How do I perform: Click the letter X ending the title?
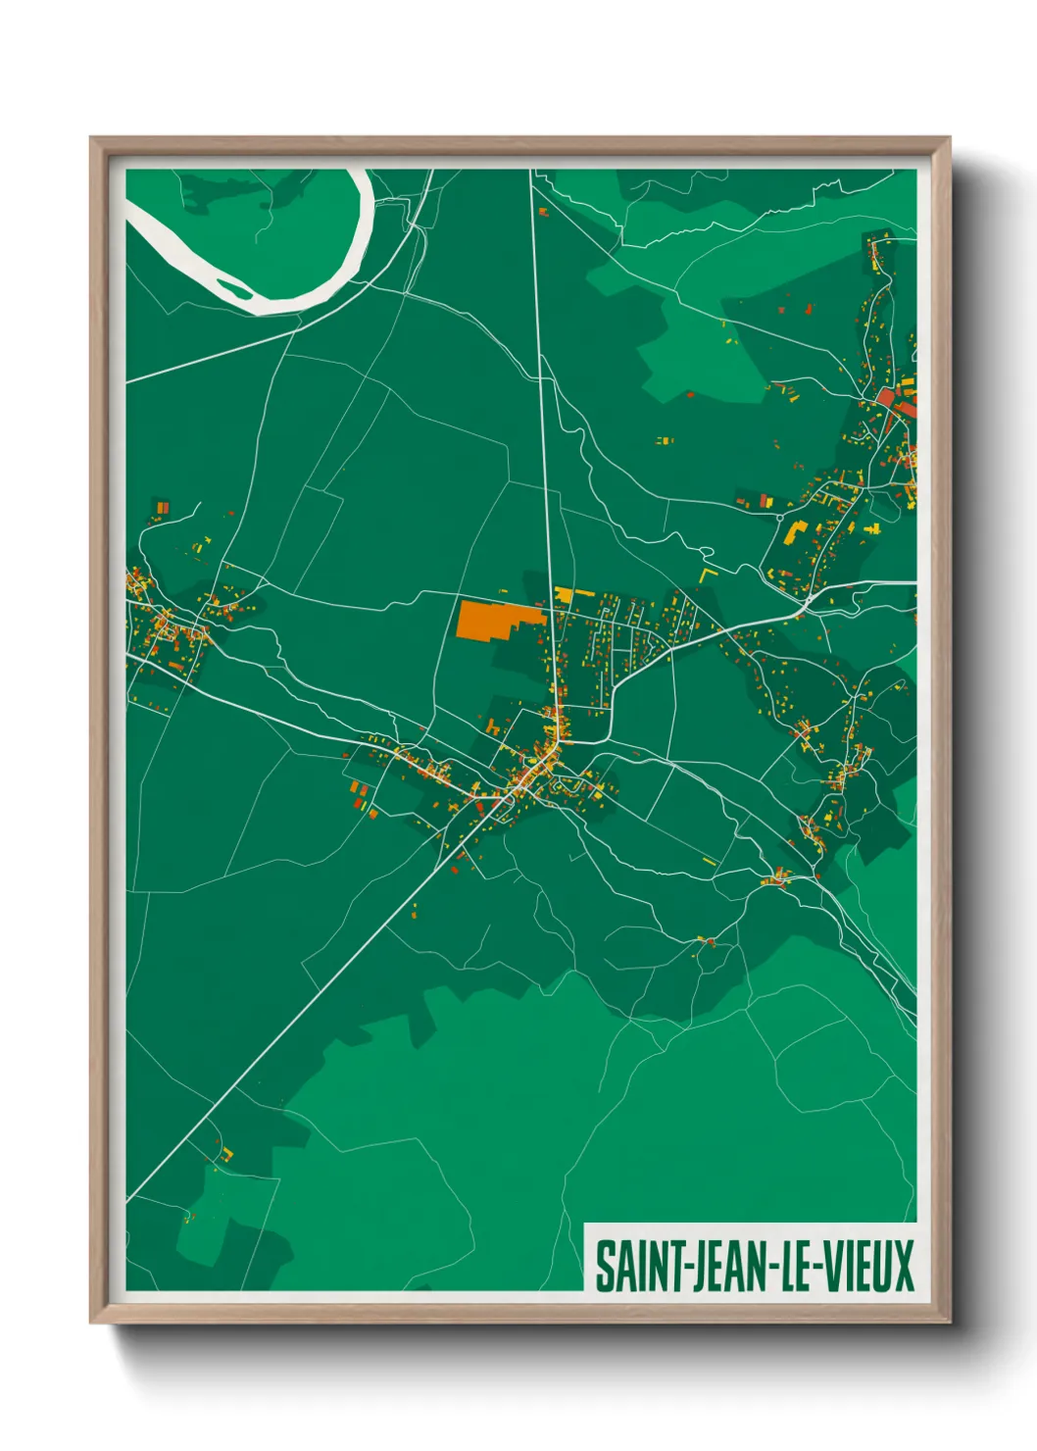[902, 1267]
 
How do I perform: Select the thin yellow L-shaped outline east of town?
[707, 571]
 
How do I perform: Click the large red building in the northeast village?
[887, 397]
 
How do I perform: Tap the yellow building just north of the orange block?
[564, 593]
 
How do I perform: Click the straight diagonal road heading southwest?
[294, 1020]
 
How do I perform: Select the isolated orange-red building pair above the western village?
[162, 507]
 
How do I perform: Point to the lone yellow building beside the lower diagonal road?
[226, 1153]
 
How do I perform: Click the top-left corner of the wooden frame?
[93, 139]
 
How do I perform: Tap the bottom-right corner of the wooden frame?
[948, 1321]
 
